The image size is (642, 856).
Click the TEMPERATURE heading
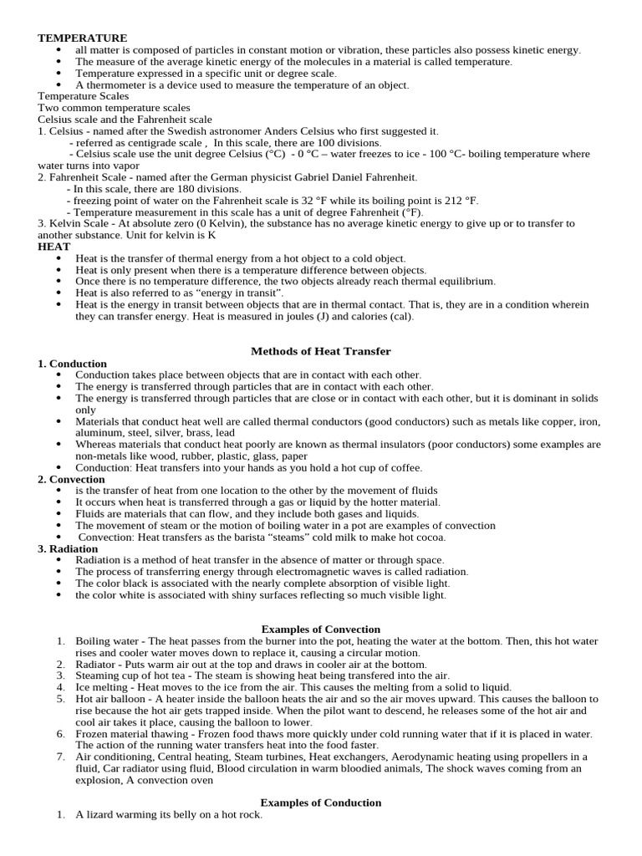tap(82, 38)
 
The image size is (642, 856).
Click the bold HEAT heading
tap(54, 247)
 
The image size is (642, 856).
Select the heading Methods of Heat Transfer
tap(321, 351)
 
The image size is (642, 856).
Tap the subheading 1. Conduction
tap(73, 364)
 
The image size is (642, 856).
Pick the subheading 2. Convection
tap(72, 479)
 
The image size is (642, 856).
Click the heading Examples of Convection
tap(321, 629)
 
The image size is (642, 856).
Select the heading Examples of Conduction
tap(321, 802)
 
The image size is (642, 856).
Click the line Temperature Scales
tap(84, 96)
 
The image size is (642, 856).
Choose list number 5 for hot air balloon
tap(61, 699)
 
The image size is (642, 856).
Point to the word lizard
tap(101, 815)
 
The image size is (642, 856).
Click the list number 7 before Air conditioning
tap(61, 757)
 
